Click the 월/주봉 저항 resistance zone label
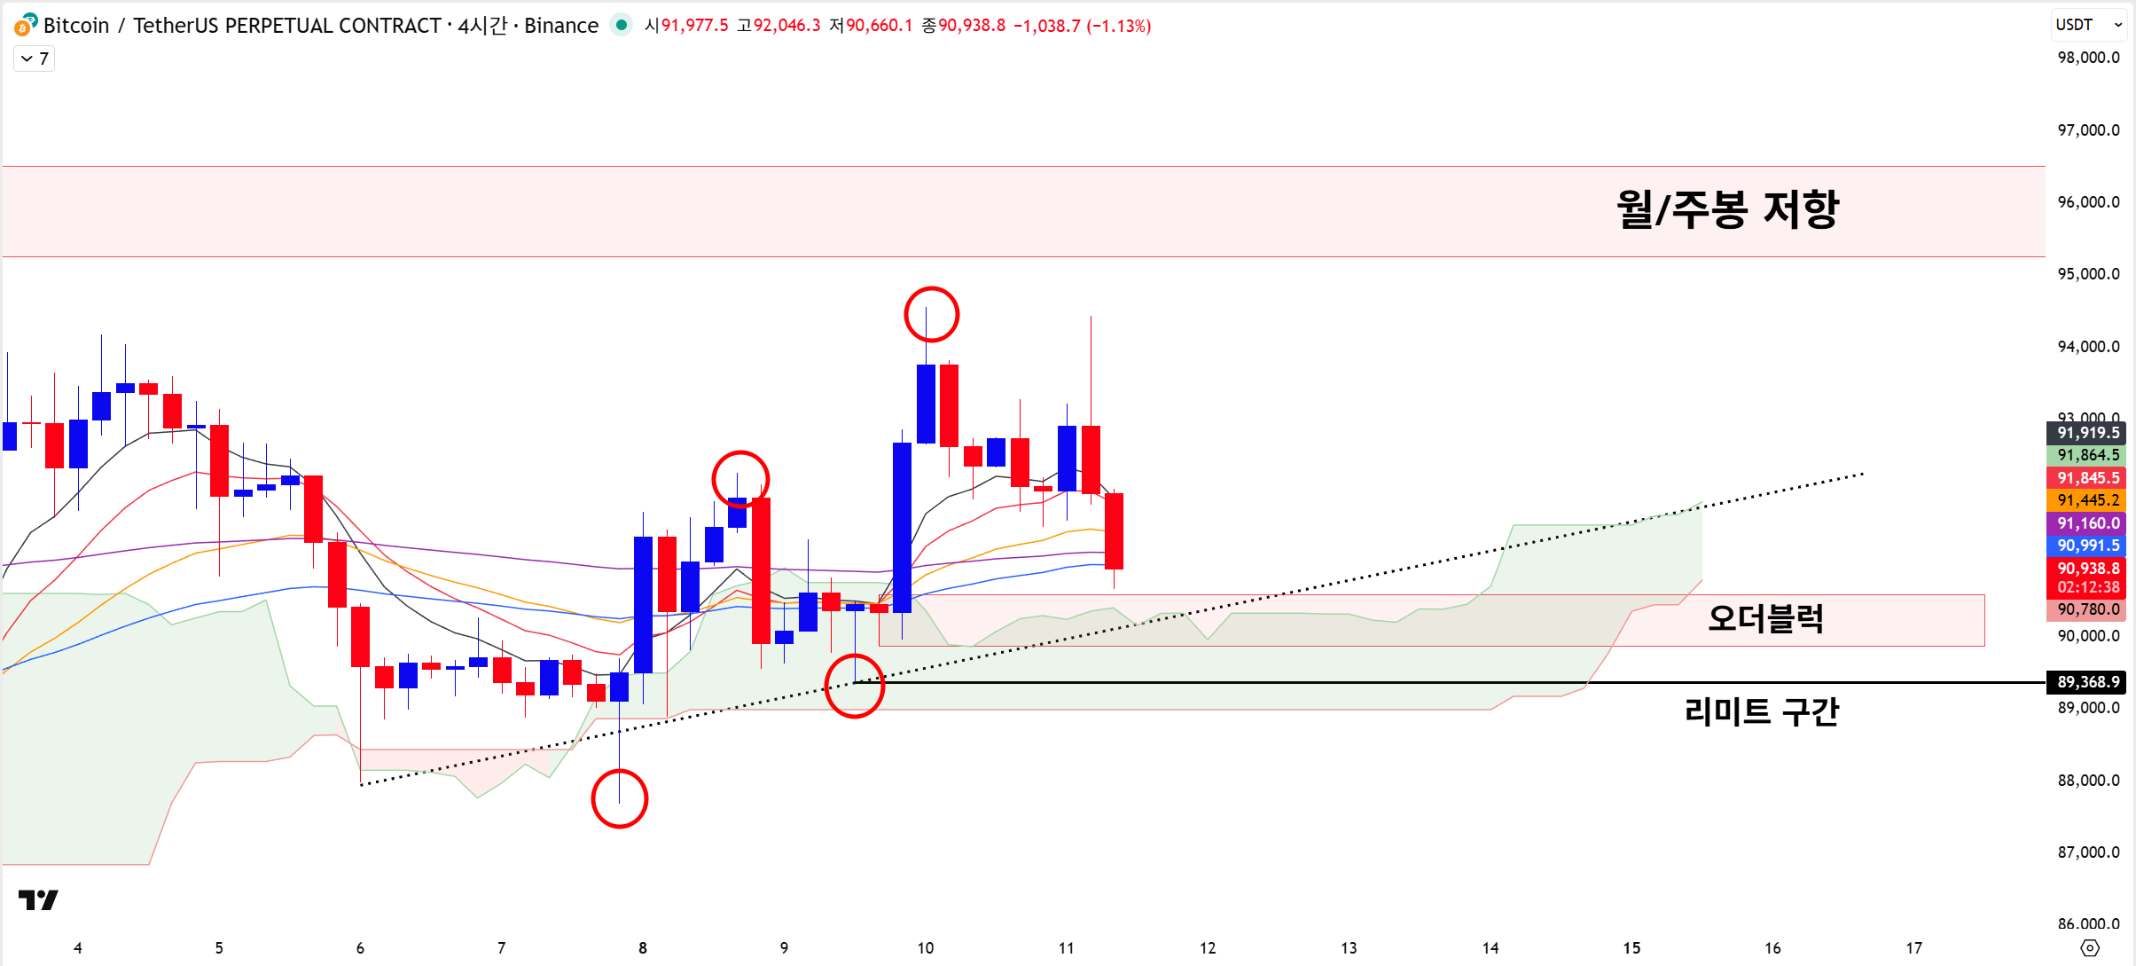point(1726,210)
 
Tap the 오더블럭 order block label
point(1764,618)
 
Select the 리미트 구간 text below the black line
point(1761,711)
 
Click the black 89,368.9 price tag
point(2087,682)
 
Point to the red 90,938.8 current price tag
point(2087,569)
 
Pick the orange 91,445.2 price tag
point(2087,500)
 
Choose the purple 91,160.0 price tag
point(2087,523)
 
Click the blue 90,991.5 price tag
point(2087,546)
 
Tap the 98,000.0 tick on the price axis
point(2087,58)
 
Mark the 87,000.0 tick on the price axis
point(2087,852)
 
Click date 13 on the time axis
point(1349,948)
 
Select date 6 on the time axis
point(360,948)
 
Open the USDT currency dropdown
point(2089,25)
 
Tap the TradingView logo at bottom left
point(38,900)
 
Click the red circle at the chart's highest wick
point(931,315)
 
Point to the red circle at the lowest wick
point(619,798)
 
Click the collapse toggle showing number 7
point(35,59)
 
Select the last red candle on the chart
point(1114,530)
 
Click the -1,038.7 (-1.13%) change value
point(1082,26)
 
